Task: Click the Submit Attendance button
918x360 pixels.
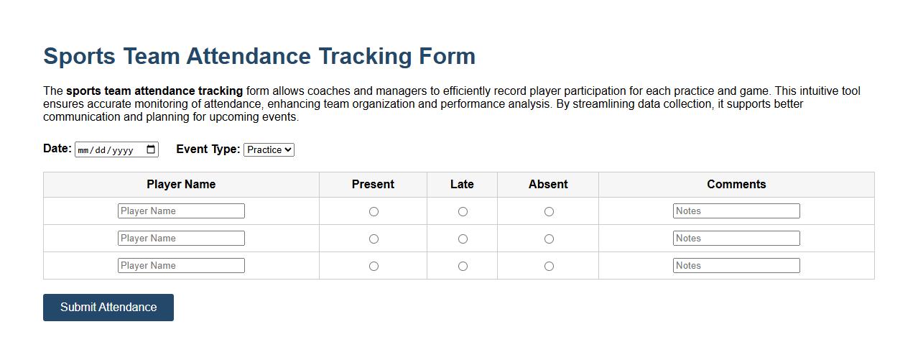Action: [108, 308]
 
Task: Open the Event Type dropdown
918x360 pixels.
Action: [269, 149]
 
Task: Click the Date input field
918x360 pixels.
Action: [108, 150]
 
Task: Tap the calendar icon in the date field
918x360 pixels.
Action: [151, 149]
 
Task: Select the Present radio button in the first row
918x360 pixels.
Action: [374, 211]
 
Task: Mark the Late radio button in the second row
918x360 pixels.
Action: [463, 239]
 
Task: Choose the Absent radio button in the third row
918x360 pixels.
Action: [549, 266]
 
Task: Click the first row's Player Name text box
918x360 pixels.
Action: [181, 211]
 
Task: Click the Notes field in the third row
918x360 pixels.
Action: [736, 265]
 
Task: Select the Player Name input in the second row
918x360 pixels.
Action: [181, 238]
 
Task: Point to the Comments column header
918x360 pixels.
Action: [736, 184]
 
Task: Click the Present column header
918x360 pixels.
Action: [373, 184]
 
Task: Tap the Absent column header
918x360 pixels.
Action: [548, 184]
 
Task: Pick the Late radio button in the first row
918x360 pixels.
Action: [463, 211]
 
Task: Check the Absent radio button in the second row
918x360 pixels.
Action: [549, 239]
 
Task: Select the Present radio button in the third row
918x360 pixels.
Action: [374, 266]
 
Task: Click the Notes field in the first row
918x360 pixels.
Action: [736, 211]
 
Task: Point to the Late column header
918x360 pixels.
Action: [462, 184]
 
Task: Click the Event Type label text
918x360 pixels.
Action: [208, 149]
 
